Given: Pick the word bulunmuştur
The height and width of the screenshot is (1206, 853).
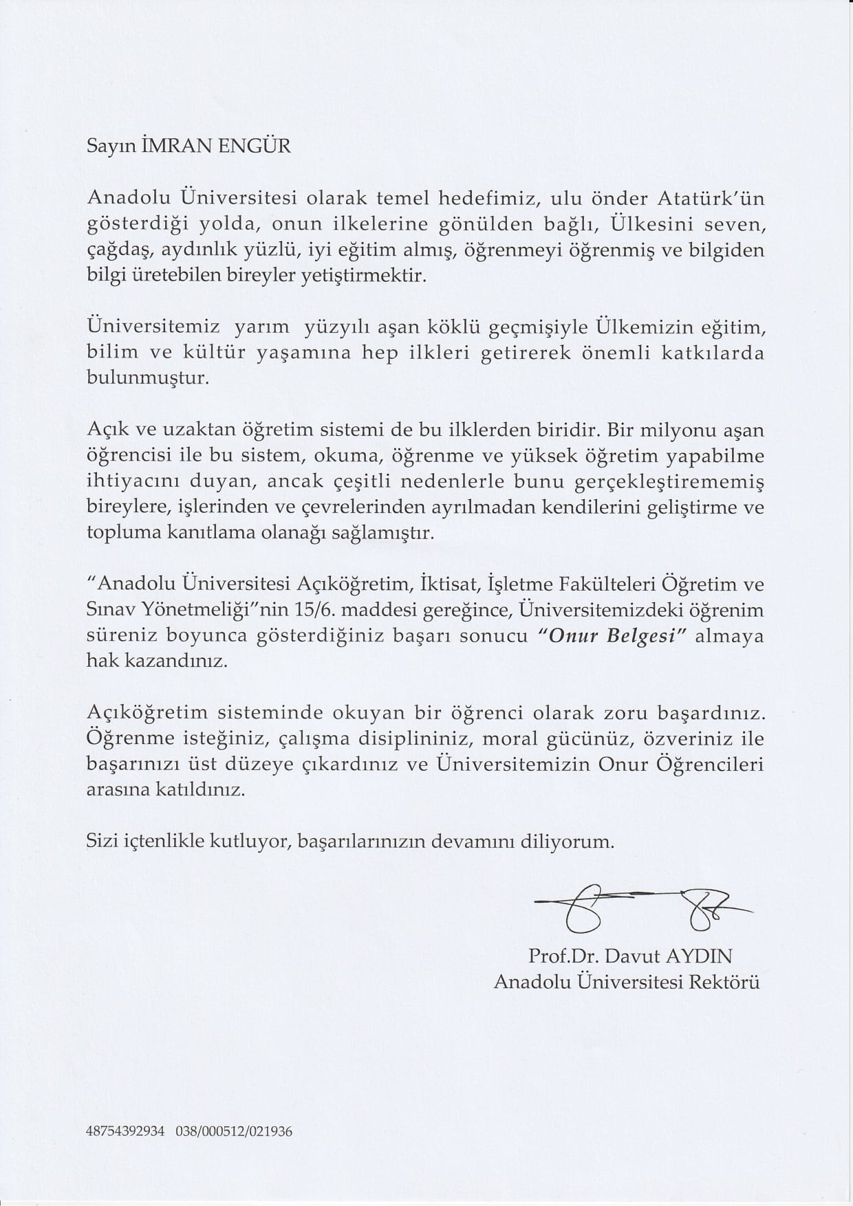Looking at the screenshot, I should [147, 378].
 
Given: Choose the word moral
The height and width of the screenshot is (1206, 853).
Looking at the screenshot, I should [508, 739].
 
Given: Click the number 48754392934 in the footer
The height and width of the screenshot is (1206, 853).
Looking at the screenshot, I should [126, 1131].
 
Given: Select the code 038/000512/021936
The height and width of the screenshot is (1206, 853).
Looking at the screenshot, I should [234, 1131].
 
